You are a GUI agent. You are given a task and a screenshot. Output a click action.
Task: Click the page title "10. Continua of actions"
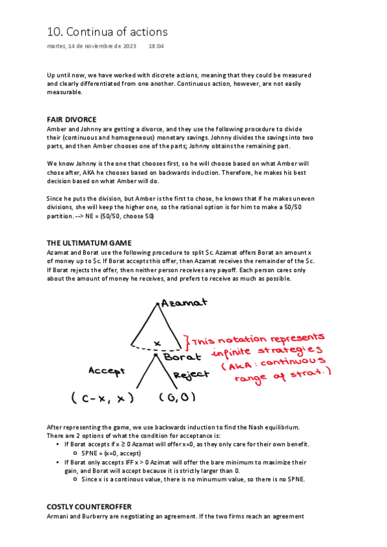coord(107,32)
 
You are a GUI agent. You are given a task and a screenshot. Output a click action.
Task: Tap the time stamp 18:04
coord(156,46)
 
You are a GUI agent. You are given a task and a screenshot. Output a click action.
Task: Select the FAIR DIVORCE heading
coord(72,120)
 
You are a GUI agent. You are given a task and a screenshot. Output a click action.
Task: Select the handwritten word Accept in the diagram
coord(107,371)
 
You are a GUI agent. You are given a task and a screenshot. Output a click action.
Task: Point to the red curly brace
coord(186,342)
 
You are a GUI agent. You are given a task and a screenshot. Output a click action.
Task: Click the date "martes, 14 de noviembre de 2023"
coord(92,46)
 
